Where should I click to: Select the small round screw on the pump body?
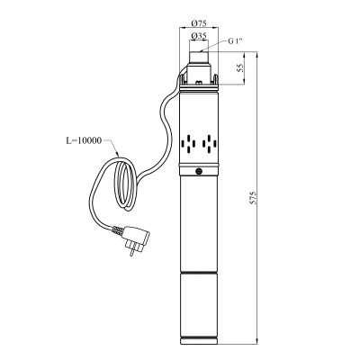pos(199,169)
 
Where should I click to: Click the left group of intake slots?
pos(187,143)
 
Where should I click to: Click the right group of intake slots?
pos(211,143)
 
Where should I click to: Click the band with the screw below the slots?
pos(199,170)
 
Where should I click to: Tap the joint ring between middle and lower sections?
pos(199,272)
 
